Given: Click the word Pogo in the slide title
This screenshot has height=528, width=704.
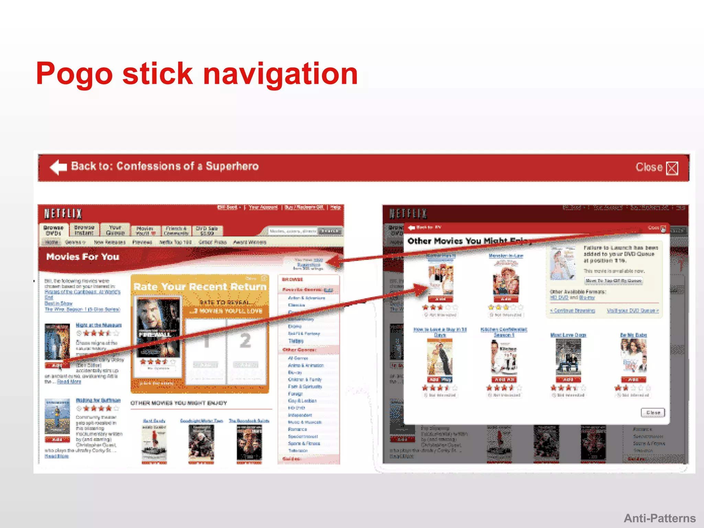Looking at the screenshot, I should [74, 74].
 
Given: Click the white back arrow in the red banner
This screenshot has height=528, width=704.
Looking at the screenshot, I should [58, 167].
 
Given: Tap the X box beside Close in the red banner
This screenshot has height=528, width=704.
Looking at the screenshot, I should [672, 168].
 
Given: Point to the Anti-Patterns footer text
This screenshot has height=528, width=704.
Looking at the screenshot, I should [660, 518].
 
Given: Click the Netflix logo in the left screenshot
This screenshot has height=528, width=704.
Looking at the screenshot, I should [63, 214].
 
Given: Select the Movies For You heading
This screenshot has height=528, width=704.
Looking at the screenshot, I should [83, 257].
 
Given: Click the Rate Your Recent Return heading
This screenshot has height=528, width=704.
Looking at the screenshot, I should [200, 287].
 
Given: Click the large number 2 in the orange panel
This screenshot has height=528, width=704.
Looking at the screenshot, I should [245, 341].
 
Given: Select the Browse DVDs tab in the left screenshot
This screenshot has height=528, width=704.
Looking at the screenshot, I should [53, 230].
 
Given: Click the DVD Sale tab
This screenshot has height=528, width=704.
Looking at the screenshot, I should [207, 231].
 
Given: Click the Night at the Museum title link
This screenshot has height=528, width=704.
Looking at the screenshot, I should [99, 325].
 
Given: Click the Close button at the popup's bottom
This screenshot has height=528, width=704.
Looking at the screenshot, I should [653, 412].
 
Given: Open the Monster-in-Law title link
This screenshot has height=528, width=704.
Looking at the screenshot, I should [506, 256].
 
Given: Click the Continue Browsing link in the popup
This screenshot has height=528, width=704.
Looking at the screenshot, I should [573, 311].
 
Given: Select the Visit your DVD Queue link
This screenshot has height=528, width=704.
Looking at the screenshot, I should [632, 311].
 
